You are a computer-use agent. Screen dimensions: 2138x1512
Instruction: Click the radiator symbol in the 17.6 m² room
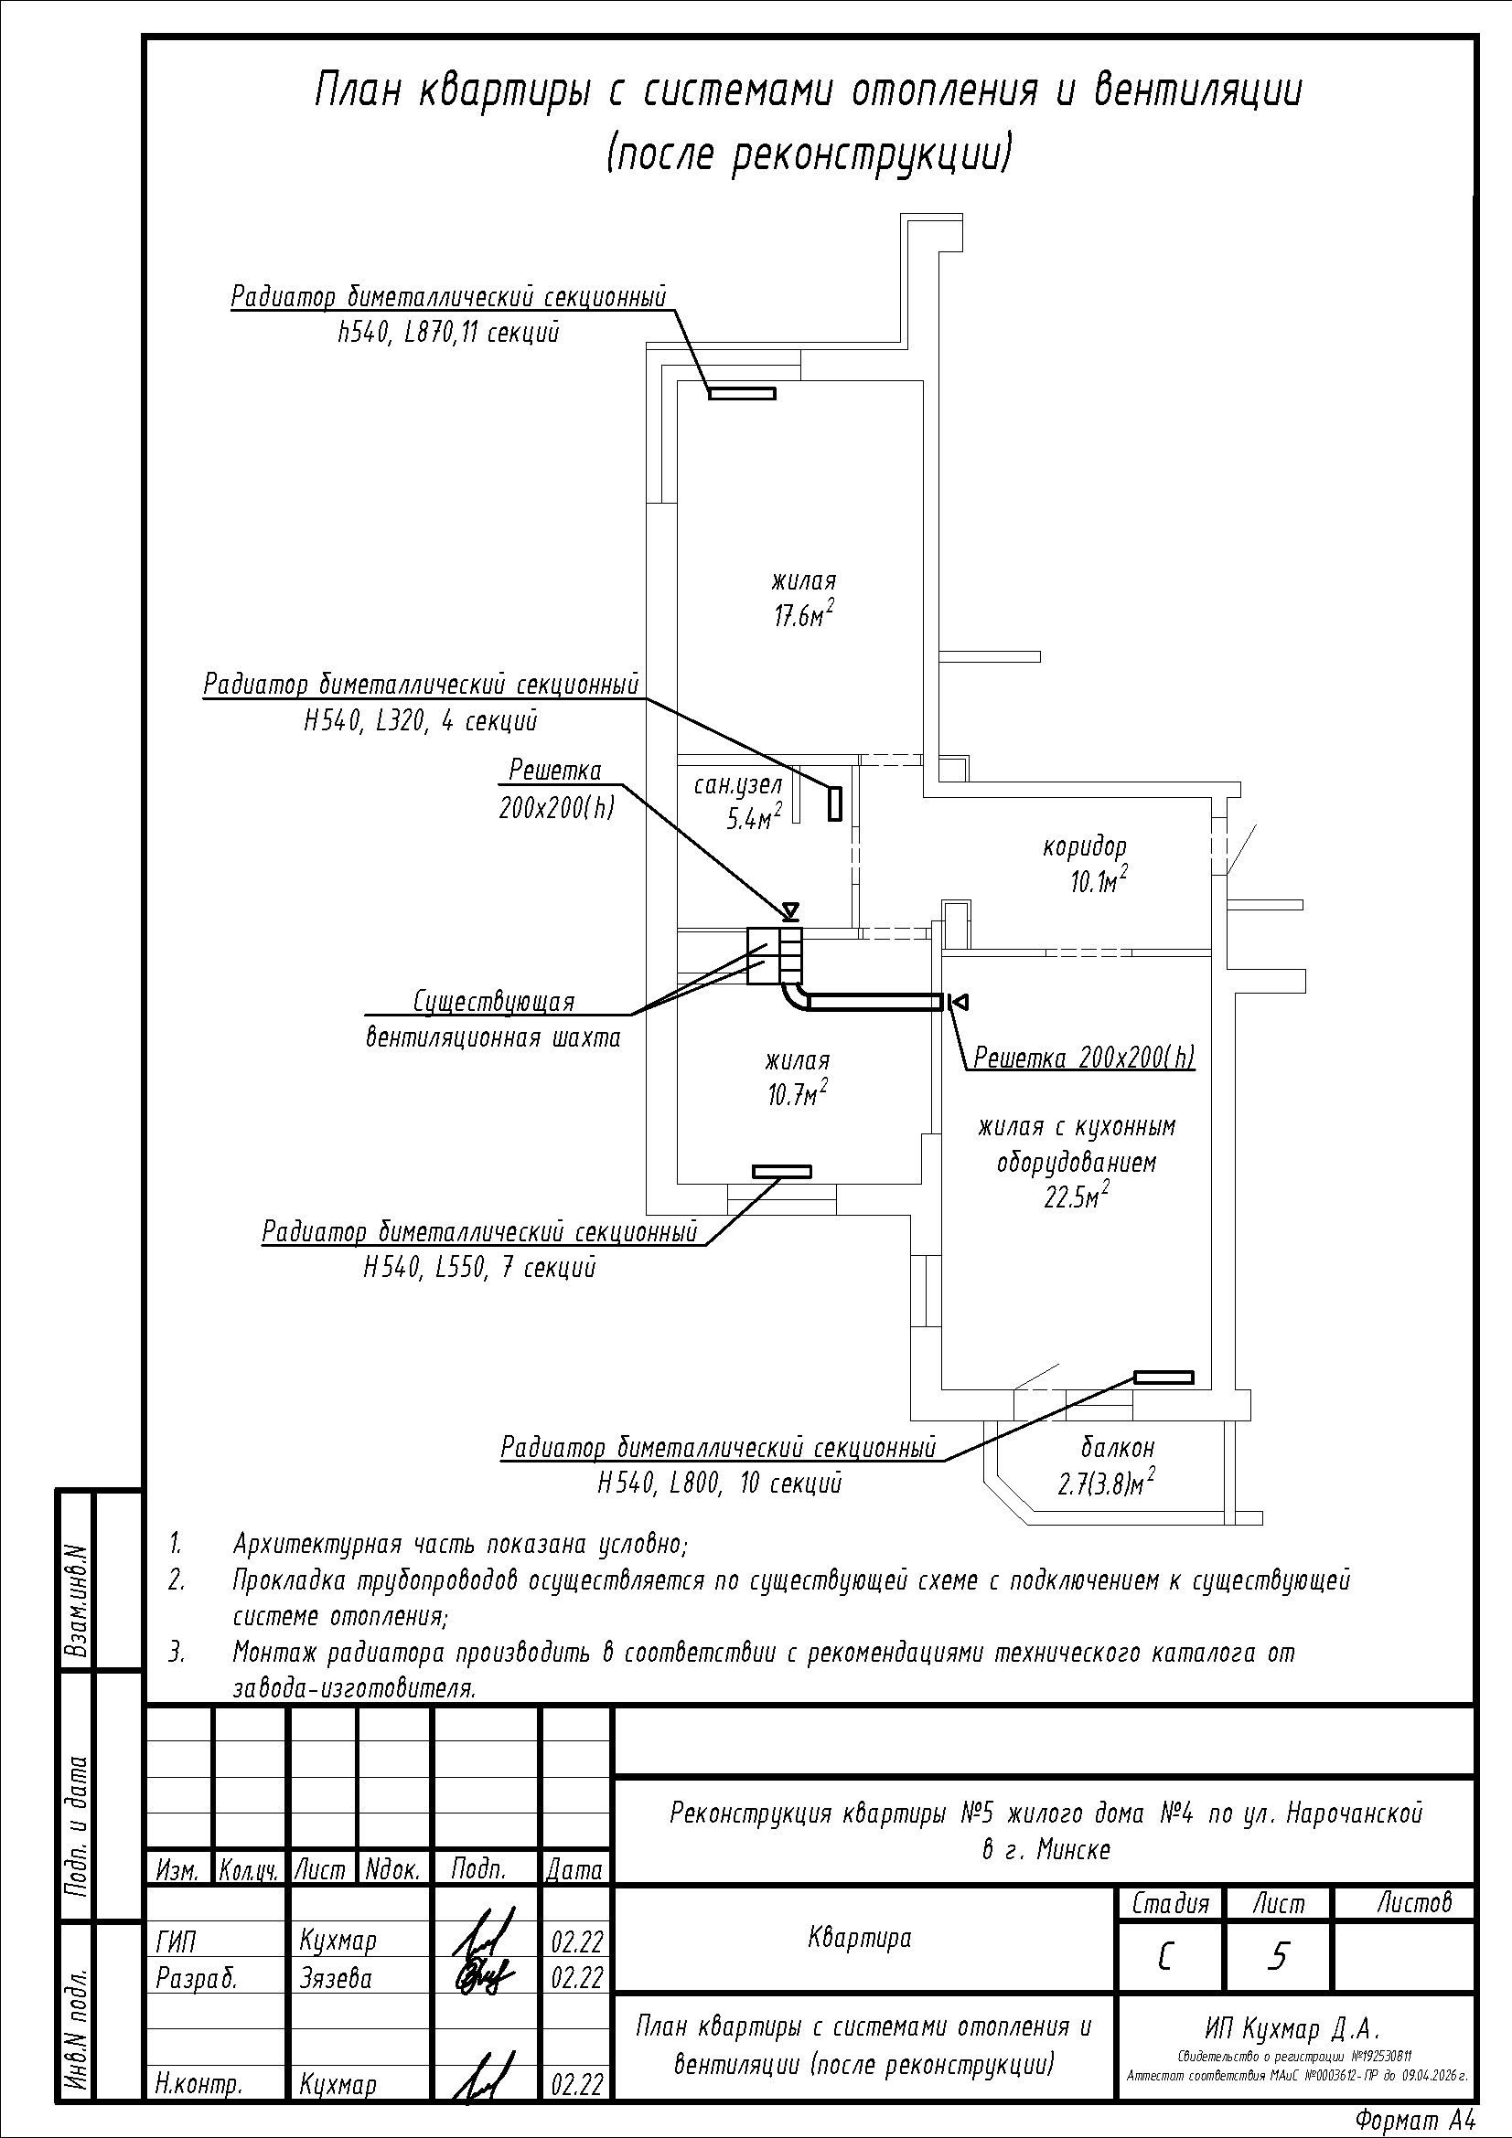[742, 393]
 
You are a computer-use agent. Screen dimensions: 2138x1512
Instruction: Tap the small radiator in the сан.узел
[835, 803]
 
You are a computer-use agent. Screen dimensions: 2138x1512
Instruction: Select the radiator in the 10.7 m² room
[782, 1172]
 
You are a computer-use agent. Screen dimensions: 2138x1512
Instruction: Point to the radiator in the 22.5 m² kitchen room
[1163, 1377]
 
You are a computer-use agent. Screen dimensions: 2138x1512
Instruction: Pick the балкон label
[1117, 1447]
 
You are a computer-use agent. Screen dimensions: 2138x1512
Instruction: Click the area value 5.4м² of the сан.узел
[753, 818]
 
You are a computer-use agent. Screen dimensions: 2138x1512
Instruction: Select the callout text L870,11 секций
[483, 333]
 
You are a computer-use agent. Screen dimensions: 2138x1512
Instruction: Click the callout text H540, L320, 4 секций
[420, 720]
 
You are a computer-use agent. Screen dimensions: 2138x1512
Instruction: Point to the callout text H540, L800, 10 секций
[719, 1483]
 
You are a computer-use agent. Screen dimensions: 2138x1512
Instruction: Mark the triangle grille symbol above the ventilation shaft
[790, 909]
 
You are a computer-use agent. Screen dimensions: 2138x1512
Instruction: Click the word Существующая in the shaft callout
[494, 1002]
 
